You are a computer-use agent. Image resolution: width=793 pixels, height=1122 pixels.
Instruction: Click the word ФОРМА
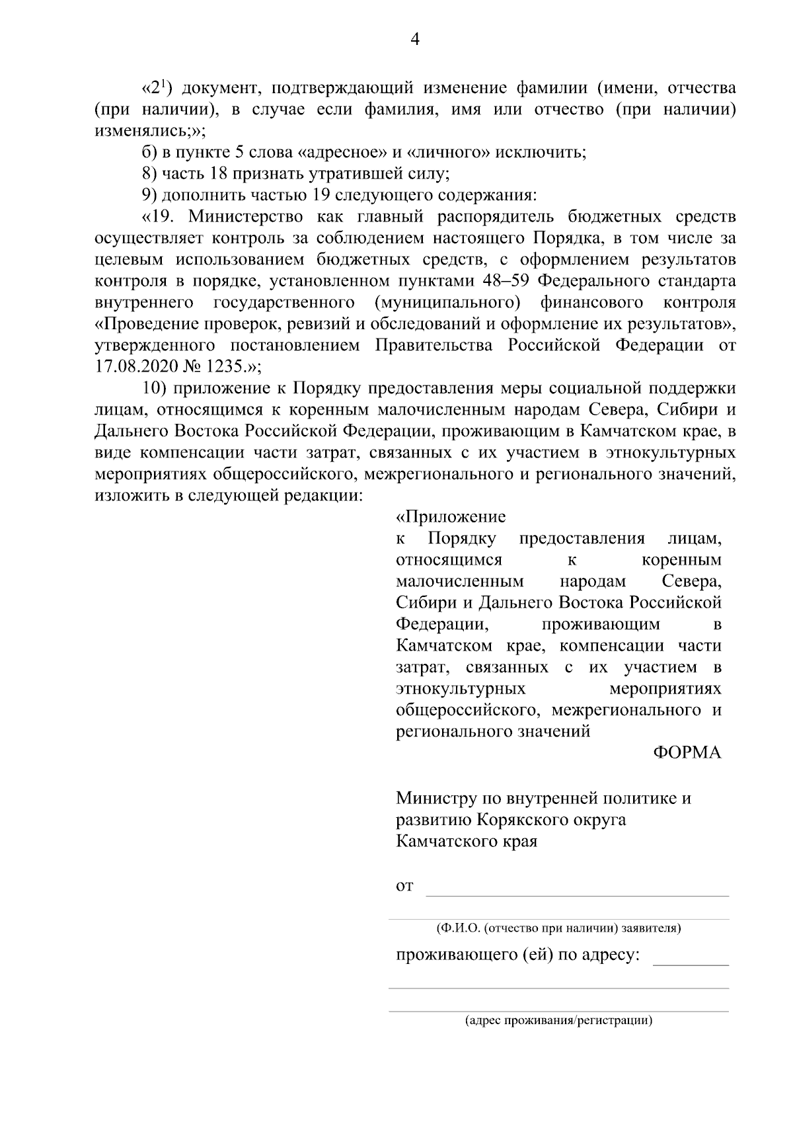687,753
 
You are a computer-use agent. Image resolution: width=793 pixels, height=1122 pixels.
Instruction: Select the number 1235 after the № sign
225,366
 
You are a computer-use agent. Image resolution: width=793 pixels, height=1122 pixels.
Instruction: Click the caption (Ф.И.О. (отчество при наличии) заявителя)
558,928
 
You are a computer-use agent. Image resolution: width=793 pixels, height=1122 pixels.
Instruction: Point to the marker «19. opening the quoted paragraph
159,217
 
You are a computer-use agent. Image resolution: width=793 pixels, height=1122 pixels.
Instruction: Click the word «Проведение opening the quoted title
145,324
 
